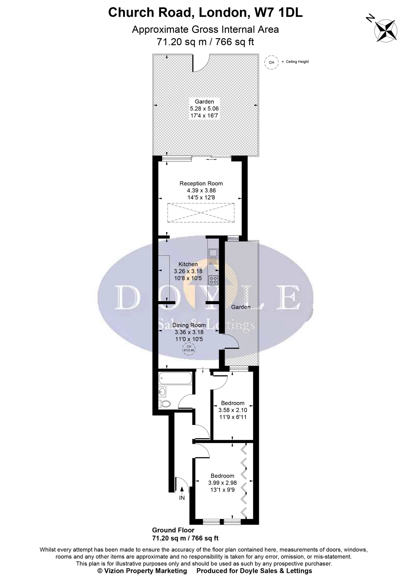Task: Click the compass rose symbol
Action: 386,31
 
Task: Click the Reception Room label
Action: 201,183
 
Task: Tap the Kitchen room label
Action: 188,264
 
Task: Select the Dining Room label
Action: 189,325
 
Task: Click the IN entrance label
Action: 182,498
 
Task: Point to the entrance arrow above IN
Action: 182,490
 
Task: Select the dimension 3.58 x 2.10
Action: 233,410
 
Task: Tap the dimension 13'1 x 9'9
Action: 223,490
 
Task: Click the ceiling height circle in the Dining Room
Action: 189,349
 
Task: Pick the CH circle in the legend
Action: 271,62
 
